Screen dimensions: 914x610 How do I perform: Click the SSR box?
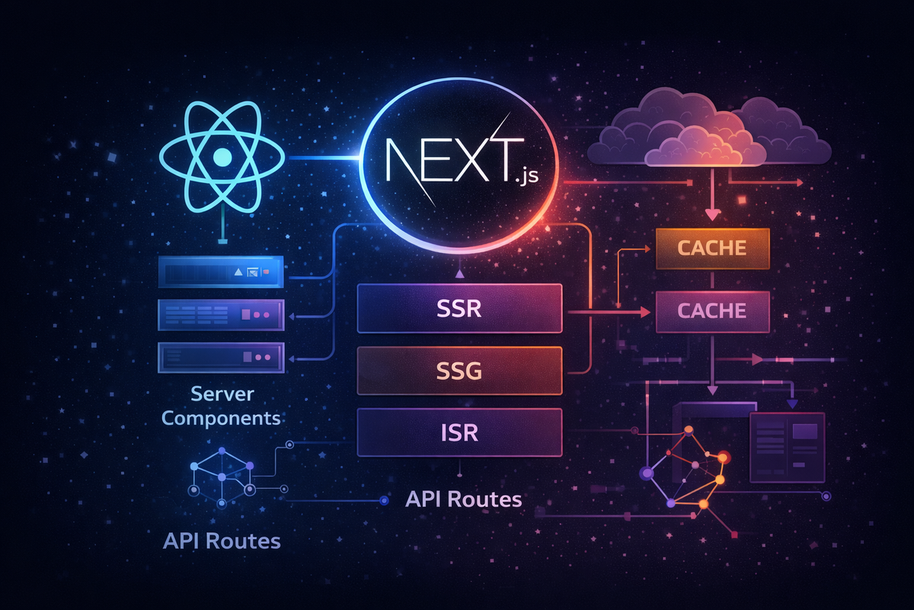459,308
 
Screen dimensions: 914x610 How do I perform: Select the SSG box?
459,371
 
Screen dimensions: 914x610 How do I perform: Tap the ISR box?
459,432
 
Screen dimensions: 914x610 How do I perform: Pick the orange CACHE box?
712,249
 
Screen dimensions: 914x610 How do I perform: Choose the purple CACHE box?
712,311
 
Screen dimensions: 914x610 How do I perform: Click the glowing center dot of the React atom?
222,157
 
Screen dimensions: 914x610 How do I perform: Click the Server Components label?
221,406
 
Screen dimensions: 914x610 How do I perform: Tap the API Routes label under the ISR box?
464,499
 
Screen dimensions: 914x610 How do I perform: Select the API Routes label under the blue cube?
222,541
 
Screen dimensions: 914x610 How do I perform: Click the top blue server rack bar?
221,271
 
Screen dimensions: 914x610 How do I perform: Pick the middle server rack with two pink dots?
221,315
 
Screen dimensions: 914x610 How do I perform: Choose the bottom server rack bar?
221,358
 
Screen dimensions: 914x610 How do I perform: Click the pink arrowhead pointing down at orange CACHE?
712,214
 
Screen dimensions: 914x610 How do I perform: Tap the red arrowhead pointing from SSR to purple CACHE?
646,312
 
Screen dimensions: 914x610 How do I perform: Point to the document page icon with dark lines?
788,448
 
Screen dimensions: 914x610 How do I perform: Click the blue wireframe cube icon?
222,477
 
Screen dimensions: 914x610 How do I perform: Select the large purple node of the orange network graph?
647,474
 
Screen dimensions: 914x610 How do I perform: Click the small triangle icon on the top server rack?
238,271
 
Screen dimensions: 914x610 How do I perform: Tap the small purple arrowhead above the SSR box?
459,274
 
